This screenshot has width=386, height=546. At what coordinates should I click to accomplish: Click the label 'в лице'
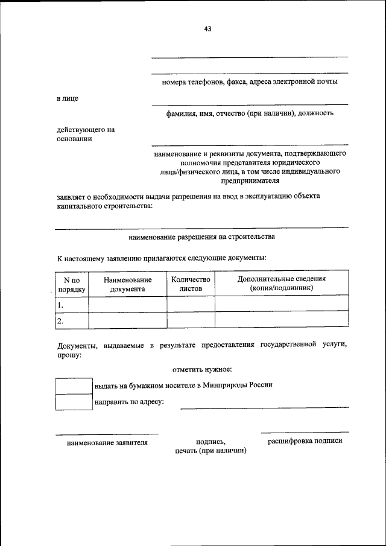point(67,98)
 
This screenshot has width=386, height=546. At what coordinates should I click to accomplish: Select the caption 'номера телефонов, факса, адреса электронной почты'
point(250,81)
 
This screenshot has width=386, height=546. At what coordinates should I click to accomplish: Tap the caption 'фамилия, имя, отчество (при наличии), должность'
point(250,113)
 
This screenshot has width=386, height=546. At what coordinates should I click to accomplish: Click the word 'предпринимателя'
point(250,180)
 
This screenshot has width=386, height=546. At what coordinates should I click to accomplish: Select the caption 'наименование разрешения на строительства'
point(202,236)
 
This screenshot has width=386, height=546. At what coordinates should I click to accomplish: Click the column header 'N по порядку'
point(72,284)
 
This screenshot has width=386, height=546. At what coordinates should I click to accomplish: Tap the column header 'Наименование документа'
point(127,284)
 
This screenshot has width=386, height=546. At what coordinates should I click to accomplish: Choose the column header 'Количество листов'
point(191,284)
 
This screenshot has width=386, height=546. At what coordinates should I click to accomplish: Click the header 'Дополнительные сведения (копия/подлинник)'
point(281,284)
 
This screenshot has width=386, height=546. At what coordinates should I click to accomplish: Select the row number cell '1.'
point(72,304)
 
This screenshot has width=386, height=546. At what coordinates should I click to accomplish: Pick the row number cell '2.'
point(72,320)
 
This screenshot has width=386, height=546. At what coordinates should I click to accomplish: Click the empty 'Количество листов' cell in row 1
point(191,304)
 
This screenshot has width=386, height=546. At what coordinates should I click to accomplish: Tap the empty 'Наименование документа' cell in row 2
point(127,320)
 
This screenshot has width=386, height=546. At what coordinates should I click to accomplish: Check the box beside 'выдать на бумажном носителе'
point(74,386)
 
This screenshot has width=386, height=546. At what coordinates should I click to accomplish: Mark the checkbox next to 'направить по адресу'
point(74,402)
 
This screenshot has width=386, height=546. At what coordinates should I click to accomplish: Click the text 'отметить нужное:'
point(202,369)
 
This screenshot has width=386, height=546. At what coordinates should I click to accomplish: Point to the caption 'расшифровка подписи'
point(305,441)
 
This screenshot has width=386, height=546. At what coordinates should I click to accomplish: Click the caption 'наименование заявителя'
point(107,442)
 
